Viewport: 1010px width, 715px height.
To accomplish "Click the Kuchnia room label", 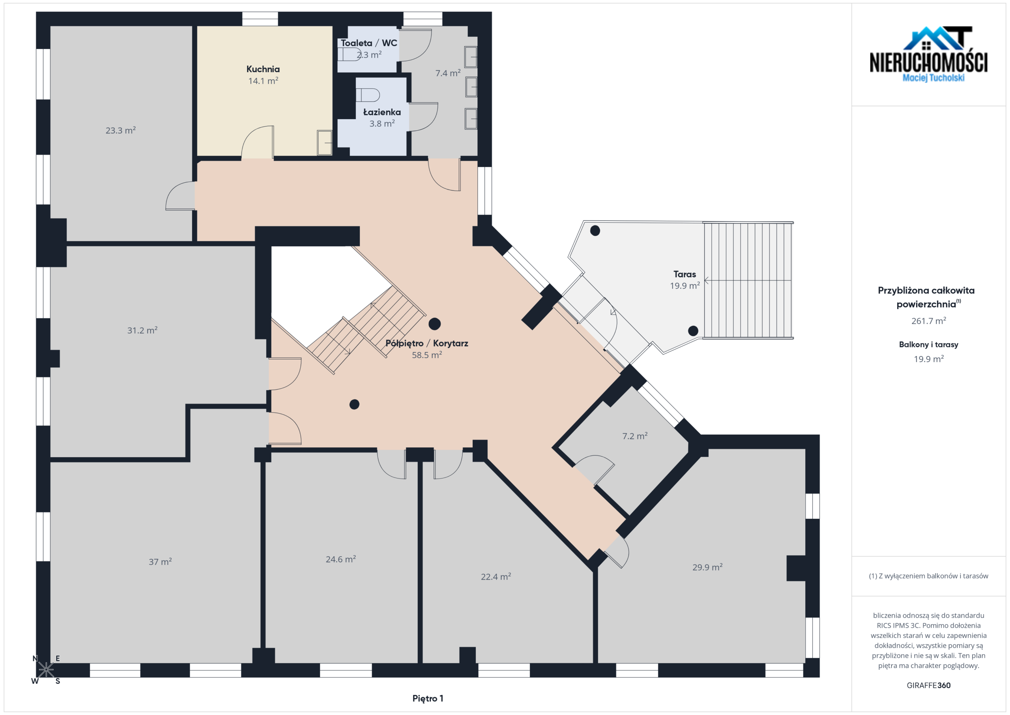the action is pos(263,69).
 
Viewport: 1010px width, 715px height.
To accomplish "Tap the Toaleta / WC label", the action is pos(368,43).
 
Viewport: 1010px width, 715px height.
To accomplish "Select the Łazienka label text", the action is pos(382,112).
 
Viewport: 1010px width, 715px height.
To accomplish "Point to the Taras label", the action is pos(685,274).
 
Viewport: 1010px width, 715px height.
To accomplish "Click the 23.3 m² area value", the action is pos(121,130).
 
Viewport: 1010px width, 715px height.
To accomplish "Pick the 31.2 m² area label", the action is pos(142,330).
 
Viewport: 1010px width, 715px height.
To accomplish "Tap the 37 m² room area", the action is pos(160,562).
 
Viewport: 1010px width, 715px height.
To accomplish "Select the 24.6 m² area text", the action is pos(340,559).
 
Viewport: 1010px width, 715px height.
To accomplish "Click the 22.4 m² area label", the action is pos(496,576).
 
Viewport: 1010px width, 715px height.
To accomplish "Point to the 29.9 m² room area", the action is pos(707,567).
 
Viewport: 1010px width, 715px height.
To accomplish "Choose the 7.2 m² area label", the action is pos(635,436).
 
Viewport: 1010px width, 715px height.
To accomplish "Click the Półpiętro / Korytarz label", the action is pos(427,343).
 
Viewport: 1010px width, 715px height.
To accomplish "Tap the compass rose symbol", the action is pos(46,670).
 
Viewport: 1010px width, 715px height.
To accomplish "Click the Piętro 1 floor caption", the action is pos(428,698).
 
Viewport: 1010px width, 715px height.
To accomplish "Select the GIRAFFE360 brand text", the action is pos(928,685).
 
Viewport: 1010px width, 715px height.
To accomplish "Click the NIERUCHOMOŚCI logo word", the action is pos(929,62).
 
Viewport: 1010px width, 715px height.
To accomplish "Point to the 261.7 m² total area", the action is pos(929,321).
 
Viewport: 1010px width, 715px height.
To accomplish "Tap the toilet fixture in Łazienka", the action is pos(368,95).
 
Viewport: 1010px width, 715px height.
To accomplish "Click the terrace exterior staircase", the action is pos(747,280).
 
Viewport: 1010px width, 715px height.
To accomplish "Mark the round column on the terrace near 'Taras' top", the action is pos(595,230).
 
